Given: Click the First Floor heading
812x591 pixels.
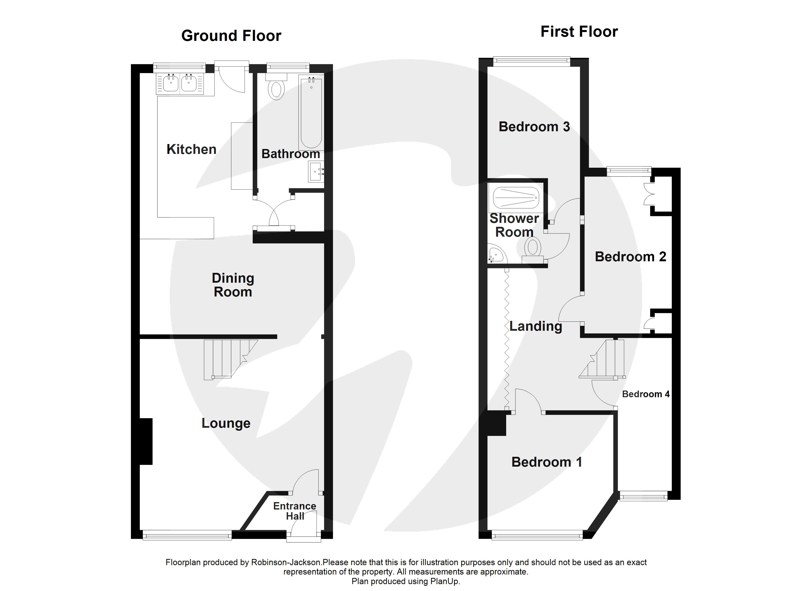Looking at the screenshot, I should tap(579, 32).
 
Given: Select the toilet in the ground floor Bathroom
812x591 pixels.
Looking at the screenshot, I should tap(276, 90).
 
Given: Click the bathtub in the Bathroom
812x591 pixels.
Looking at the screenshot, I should tap(311, 113).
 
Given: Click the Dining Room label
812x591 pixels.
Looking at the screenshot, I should tap(233, 285).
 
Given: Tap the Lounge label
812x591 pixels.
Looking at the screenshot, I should tap(226, 423).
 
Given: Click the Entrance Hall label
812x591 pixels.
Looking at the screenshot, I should tap(295, 511).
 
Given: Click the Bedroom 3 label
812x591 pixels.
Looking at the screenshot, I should tap(534, 127).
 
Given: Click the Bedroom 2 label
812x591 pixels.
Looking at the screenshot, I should tap(630, 257).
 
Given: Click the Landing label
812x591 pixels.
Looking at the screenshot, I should tap(536, 326).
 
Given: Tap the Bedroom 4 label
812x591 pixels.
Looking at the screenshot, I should tap(645, 394).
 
